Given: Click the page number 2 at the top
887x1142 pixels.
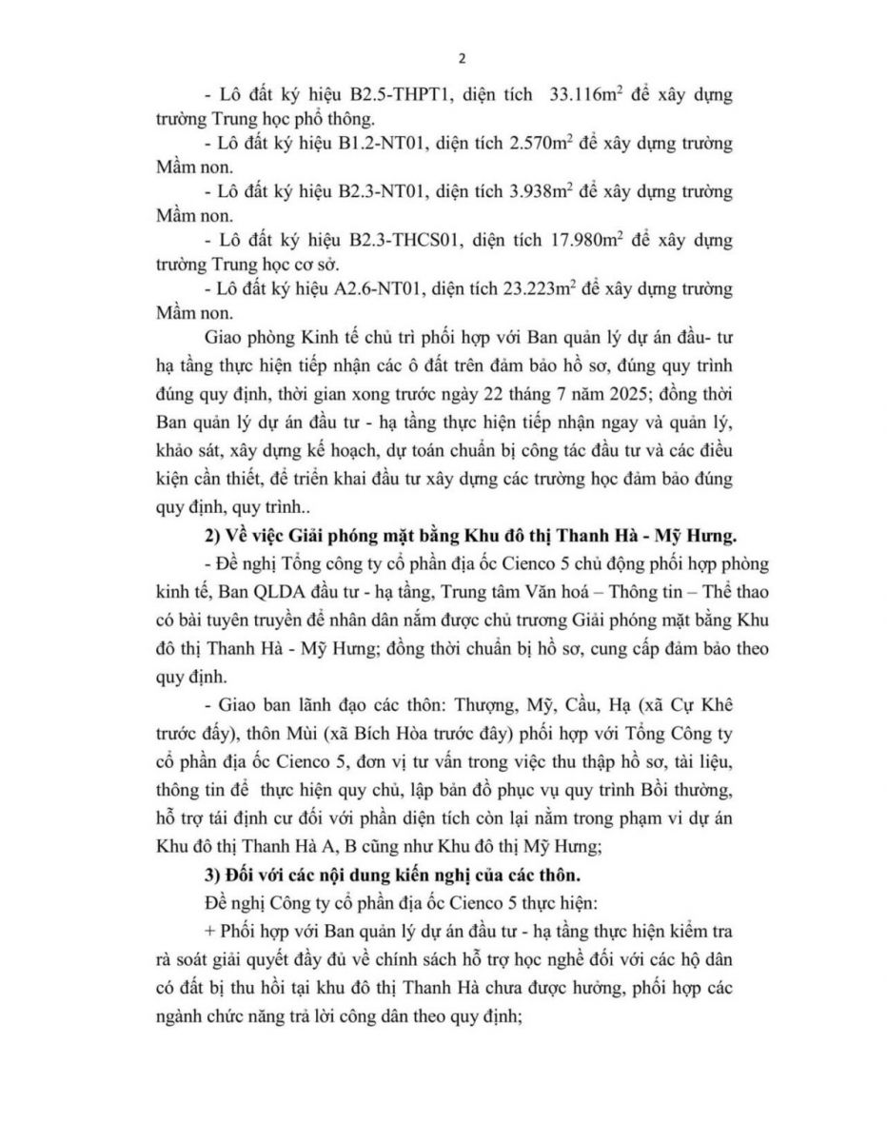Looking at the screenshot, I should [x=463, y=59].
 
